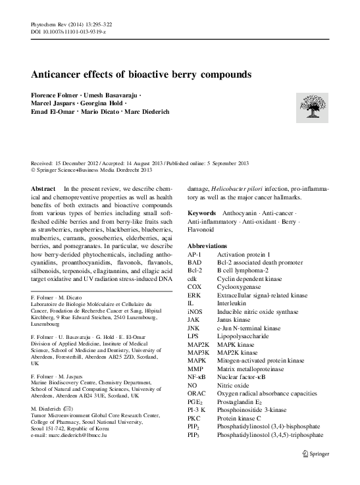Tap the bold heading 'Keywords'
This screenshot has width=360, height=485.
point(201,213)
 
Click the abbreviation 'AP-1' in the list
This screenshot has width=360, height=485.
point(194,253)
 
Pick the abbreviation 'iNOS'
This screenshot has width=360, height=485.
point(195,311)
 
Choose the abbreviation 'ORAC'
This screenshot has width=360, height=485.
point(197,394)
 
